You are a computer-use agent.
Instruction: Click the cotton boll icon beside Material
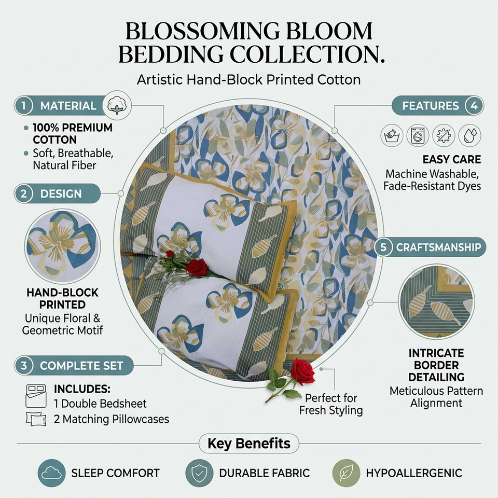117,105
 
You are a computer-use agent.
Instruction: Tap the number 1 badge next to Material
23,106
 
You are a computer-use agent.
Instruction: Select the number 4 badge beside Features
474,106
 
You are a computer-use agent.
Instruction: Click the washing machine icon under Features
418,135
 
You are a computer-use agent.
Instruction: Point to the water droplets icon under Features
470,135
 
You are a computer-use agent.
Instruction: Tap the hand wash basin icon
392,135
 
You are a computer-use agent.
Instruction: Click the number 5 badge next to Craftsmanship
383,247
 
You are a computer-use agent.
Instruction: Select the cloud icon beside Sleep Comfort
51,473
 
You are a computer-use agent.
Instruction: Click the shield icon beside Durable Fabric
199,473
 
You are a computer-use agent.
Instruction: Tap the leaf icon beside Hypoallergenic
346,473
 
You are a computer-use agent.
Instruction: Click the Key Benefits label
249,444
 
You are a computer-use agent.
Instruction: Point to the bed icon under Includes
36,396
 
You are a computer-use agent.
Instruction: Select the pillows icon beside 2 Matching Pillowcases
36,419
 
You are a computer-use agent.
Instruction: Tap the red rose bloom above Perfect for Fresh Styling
302,371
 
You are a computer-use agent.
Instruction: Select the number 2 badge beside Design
23,193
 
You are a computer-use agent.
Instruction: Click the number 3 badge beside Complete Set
23,365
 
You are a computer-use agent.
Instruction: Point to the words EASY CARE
452,159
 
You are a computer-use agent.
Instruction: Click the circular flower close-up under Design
62,246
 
